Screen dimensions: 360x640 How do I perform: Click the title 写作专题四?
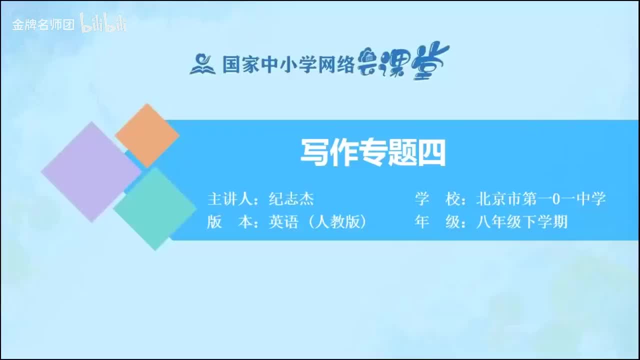372,152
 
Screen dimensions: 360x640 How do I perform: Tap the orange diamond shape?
147,135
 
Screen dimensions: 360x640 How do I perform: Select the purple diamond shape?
91,171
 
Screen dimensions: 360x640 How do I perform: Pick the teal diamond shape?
155,208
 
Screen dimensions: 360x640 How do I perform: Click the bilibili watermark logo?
103,23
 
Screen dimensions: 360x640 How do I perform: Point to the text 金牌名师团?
43,24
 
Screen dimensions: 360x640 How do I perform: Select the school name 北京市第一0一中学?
541,199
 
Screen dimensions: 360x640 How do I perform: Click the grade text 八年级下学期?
521,222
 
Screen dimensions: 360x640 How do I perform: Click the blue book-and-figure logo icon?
202,63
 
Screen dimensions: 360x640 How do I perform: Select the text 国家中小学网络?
288,64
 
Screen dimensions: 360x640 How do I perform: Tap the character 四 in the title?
431,152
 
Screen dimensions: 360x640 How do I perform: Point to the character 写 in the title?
313,152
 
